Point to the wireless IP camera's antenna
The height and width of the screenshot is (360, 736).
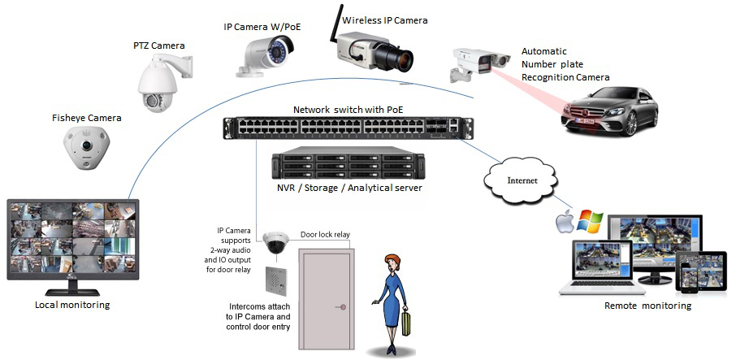332,22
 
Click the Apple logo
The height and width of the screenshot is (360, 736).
564,220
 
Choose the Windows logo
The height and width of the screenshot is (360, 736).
591,220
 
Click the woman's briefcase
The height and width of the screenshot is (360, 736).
405,323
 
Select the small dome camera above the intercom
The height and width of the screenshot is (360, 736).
275,243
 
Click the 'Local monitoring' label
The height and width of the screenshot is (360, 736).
72,305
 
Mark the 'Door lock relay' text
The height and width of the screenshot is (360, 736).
325,234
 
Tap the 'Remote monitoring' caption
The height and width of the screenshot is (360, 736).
647,306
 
